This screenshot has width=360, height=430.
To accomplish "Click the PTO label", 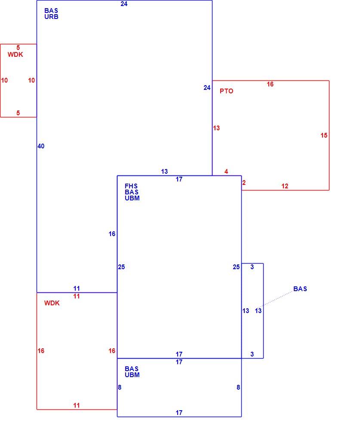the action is pyautogui.click(x=226, y=91).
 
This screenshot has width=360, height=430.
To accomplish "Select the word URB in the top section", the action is pyautogui.click(x=51, y=17).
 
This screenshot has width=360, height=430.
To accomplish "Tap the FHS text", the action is pyautogui.click(x=131, y=186).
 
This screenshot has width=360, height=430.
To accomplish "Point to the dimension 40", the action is pyautogui.click(x=41, y=146).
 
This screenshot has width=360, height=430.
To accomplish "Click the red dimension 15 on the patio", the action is pyautogui.click(x=324, y=135).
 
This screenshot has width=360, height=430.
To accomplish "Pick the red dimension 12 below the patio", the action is pyautogui.click(x=285, y=186).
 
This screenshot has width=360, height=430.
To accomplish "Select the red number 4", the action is pyautogui.click(x=226, y=172).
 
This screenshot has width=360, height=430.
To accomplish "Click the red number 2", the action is pyautogui.click(x=244, y=183).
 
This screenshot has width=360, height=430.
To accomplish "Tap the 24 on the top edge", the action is pyautogui.click(x=124, y=4).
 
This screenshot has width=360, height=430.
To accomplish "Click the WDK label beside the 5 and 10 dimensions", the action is pyautogui.click(x=15, y=55).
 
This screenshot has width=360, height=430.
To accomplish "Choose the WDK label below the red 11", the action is pyautogui.click(x=52, y=303).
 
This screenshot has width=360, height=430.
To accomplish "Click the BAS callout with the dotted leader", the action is pyautogui.click(x=300, y=289).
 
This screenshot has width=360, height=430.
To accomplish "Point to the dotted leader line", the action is pyautogui.click(x=274, y=299).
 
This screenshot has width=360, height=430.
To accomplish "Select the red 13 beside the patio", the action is pyautogui.click(x=216, y=128).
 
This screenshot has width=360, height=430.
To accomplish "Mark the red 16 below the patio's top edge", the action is pyautogui.click(x=270, y=84).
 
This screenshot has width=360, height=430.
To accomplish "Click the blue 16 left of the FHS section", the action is pyautogui.click(x=112, y=234).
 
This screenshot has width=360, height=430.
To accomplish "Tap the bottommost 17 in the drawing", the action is pyautogui.click(x=179, y=413).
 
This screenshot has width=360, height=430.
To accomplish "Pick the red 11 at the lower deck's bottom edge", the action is pyautogui.click(x=77, y=405).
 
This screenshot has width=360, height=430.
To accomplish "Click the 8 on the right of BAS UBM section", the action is pyautogui.click(x=238, y=387).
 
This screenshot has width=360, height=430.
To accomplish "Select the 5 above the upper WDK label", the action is pyautogui.click(x=18, y=48).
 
